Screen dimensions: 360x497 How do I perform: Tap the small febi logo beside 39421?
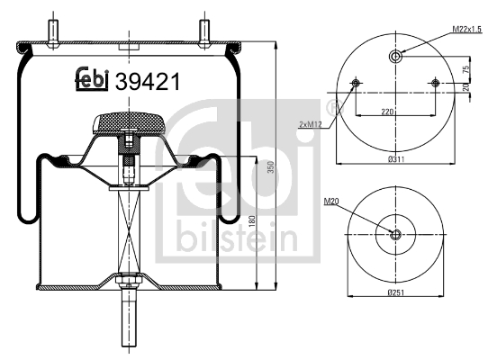coord(91,80)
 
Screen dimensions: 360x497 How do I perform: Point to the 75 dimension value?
coord(465,69)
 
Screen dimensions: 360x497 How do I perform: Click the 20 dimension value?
coord(465,86)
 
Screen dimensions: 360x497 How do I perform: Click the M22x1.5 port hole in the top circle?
coord(397,57)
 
